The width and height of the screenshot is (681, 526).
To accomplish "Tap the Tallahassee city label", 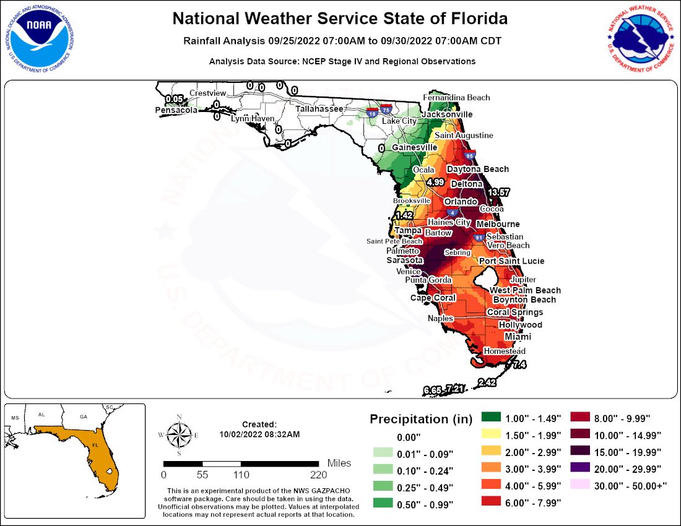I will point(319,108).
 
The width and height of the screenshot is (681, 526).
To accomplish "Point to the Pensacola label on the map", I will point(176,110).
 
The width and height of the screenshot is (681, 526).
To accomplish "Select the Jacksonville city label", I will point(446,114).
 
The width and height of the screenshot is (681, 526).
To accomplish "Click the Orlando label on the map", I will point(460,202).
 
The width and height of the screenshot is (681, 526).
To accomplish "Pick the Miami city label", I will point(518,337).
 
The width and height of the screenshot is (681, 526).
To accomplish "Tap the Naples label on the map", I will point(440,318).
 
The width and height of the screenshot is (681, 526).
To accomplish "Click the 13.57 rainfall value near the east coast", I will point(498,193).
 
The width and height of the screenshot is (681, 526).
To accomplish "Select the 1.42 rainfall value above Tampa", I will point(404,215).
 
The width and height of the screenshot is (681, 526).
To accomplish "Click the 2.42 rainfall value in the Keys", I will point(487,383).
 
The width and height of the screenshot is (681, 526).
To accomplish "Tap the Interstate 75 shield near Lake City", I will point(387,110).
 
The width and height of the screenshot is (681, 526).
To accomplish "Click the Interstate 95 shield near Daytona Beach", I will point(469,156).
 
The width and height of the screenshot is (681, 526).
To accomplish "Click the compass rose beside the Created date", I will point(179,434).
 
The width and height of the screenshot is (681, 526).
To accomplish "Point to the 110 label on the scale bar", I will point(241,475).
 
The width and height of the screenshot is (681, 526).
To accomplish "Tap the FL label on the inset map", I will point(95,445).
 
